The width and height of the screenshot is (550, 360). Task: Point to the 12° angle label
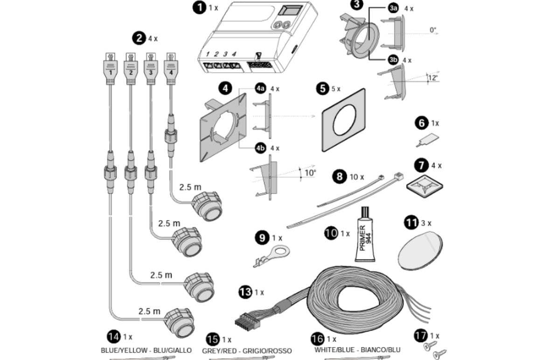[433, 78]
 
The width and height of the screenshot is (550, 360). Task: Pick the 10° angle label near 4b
[310, 173]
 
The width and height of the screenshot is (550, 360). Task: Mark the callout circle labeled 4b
[260, 148]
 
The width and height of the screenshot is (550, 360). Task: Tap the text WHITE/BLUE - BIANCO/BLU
[357, 350]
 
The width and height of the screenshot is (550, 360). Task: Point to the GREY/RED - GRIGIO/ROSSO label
[247, 351]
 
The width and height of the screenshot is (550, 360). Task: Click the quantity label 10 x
[357, 177]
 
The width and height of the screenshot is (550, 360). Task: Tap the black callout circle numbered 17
[420, 336]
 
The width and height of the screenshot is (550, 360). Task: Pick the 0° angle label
[433, 30]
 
